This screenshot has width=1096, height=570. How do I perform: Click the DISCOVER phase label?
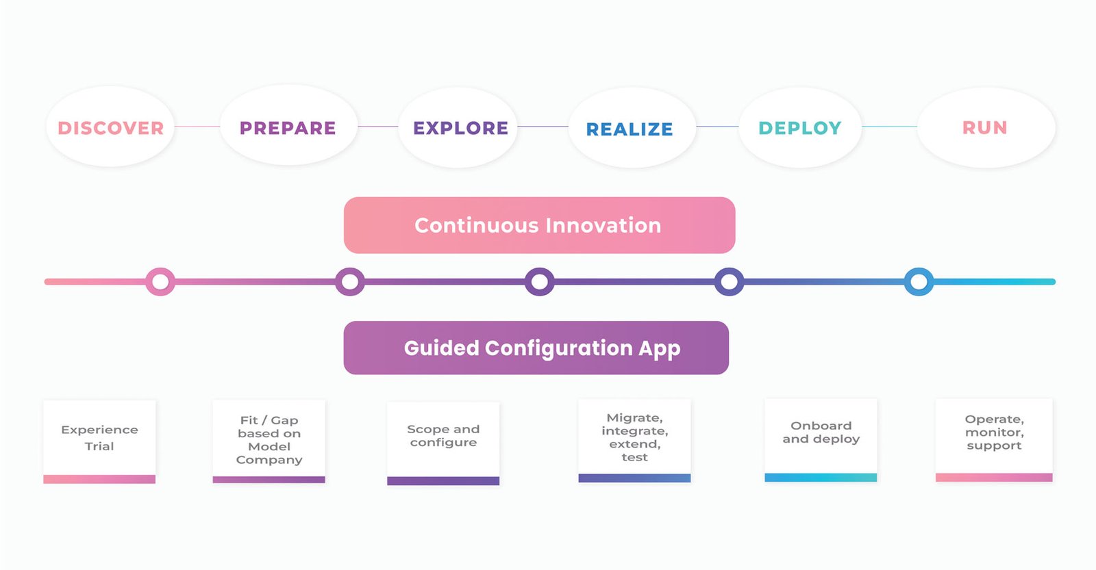click(x=110, y=128)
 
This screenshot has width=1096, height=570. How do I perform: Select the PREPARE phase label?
click(x=288, y=128)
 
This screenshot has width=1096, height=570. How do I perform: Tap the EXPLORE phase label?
click(x=460, y=128)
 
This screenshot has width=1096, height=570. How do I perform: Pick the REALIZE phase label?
click(x=630, y=129)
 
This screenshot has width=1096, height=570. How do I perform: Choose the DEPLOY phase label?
click(x=800, y=128)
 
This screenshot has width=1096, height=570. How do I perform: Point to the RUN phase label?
click(x=984, y=128)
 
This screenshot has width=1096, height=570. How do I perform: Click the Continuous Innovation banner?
click(x=539, y=225)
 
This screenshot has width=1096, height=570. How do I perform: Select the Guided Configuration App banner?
click(x=536, y=348)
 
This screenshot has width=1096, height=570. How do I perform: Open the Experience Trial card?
click(x=99, y=442)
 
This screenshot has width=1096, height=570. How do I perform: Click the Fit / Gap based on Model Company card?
click(x=269, y=441)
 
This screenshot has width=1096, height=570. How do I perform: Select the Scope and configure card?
click(x=443, y=443)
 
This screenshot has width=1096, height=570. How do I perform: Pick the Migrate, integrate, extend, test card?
click(x=634, y=441)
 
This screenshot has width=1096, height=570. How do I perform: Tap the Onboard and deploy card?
click(x=821, y=441)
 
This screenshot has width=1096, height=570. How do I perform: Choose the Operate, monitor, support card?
click(x=994, y=441)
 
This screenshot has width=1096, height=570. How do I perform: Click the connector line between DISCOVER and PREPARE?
click(x=197, y=126)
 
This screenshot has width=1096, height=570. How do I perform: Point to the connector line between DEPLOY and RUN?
click(x=890, y=126)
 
